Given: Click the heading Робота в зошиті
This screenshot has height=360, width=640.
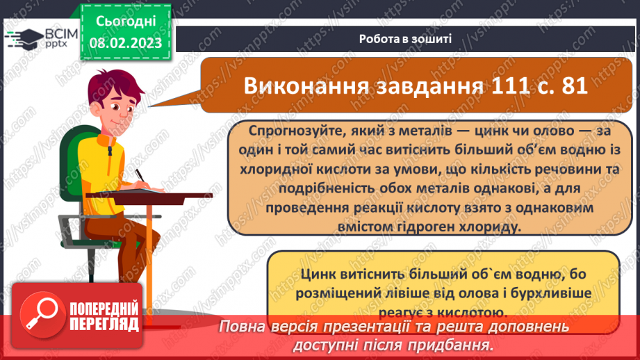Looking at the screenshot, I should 406,38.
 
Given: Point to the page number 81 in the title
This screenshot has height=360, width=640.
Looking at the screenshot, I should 571,86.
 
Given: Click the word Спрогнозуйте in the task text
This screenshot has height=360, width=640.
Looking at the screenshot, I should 290,131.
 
